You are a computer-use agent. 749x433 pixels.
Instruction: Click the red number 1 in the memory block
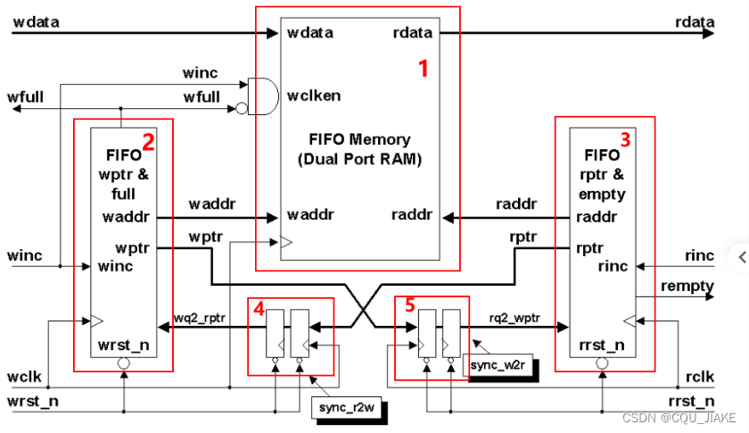(x=424, y=69)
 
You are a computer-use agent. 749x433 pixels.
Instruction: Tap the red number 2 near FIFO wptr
(x=148, y=142)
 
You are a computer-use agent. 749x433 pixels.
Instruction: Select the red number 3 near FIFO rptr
(x=625, y=139)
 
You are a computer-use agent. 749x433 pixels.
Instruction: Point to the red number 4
(x=259, y=309)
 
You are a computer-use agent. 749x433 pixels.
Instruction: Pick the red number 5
(x=410, y=304)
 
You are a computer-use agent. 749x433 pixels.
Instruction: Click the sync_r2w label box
(x=346, y=408)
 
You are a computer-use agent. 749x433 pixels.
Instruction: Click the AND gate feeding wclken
(x=263, y=96)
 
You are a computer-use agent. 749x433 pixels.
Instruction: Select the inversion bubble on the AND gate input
(x=242, y=109)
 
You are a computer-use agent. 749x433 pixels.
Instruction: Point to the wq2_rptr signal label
(x=199, y=318)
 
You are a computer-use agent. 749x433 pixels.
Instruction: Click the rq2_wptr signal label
(x=514, y=318)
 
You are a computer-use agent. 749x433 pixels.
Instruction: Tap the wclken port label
(x=314, y=96)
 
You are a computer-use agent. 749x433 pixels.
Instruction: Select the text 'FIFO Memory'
(x=359, y=139)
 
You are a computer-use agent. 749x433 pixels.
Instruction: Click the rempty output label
(x=687, y=287)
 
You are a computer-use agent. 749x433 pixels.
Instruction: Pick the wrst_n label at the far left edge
(x=33, y=401)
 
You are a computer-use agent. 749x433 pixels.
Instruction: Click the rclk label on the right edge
(x=700, y=377)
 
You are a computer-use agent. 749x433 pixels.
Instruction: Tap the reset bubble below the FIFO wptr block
(x=124, y=363)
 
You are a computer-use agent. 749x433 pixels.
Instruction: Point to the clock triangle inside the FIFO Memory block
(x=286, y=242)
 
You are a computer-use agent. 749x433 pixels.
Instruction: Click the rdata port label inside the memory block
(x=413, y=32)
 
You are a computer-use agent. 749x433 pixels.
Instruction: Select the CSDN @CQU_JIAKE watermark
(x=679, y=418)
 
